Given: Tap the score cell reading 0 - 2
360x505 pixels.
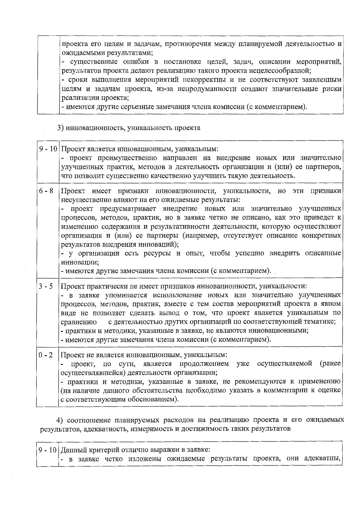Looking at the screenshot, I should pos(46,355).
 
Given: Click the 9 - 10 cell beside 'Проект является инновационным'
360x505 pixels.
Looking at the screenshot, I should pos(48,149).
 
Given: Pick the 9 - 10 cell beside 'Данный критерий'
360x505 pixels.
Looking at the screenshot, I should pos(48,450).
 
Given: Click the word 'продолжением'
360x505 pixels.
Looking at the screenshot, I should pos(204,364).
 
